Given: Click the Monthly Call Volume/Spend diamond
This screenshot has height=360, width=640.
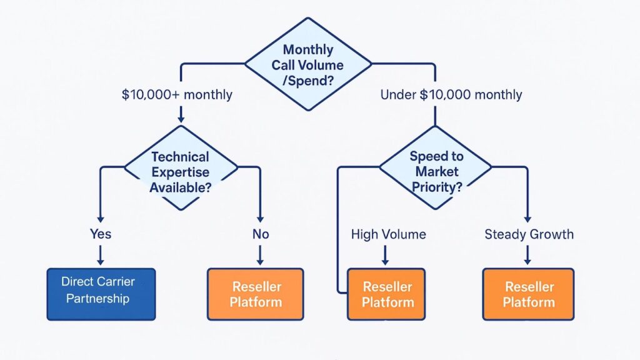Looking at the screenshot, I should click(x=307, y=64).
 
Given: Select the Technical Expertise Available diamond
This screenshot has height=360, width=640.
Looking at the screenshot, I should click(x=180, y=171).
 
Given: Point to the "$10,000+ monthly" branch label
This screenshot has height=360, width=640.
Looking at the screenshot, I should click(x=177, y=95).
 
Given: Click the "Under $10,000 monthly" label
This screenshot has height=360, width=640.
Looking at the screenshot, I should click(x=451, y=95).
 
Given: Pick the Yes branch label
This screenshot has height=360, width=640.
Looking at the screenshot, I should click(x=100, y=234).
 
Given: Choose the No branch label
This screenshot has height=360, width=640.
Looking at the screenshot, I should click(x=260, y=234).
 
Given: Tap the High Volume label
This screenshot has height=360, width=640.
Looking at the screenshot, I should click(x=388, y=234).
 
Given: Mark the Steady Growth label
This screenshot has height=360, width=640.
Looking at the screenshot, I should click(x=529, y=234).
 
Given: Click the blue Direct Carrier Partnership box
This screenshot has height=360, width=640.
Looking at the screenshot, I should click(x=101, y=294).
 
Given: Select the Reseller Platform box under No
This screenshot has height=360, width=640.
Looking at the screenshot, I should click(x=255, y=294).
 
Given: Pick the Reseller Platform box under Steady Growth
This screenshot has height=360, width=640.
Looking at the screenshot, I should click(x=528, y=294).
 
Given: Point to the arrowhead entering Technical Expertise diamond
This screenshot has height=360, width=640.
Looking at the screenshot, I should click(x=181, y=118).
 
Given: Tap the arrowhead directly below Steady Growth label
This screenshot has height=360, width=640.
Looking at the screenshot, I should click(x=528, y=261).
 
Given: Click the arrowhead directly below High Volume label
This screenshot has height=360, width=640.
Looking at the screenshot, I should click(x=385, y=261).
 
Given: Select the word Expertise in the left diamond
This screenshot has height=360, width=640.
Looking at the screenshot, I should click(x=180, y=172).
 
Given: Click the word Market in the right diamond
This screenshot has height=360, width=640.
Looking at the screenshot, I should click(x=435, y=171).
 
